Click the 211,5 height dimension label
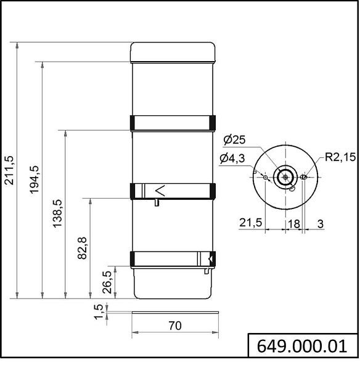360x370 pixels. [10, 170]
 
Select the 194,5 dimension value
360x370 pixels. [35, 179]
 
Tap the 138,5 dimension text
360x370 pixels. [57, 213]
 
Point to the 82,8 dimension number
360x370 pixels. [83, 248]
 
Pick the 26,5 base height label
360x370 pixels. [107, 282]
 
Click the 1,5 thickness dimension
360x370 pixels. [99, 312]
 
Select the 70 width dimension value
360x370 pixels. [175, 326]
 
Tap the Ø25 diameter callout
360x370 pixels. [234, 140]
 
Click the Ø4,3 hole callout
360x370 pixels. [232, 158]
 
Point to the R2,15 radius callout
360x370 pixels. [340, 157]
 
